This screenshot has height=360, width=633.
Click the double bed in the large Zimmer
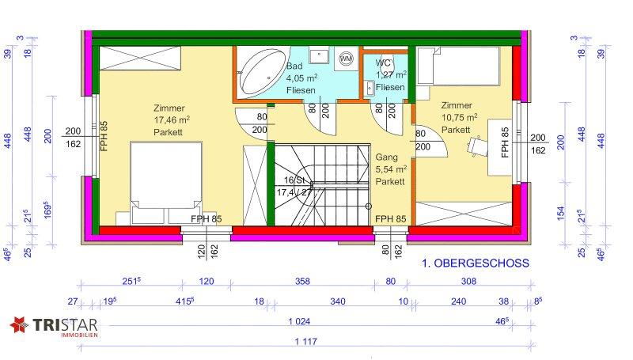(166, 182)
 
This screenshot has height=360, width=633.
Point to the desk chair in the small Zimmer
(476, 146)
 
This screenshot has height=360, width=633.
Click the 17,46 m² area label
(172, 119)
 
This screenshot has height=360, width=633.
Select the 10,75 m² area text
(459, 117)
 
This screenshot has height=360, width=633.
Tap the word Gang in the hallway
(386, 157)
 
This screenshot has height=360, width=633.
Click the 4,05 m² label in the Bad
(301, 78)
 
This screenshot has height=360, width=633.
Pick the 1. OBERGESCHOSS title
(476, 263)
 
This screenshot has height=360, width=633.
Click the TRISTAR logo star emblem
(19, 325)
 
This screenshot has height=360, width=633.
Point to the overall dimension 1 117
(305, 342)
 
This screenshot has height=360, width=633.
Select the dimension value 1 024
(299, 321)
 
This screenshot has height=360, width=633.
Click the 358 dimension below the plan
(302, 282)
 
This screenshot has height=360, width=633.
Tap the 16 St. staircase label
(294, 180)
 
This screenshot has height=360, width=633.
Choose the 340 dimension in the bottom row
(338, 301)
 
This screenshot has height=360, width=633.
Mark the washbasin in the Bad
(319, 55)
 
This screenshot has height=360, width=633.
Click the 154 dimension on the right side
(561, 213)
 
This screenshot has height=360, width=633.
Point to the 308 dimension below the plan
(468, 282)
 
